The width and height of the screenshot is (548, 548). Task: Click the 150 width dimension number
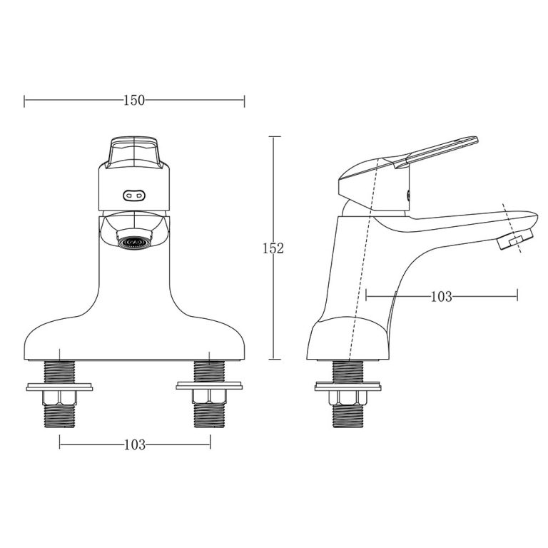[x=134, y=101]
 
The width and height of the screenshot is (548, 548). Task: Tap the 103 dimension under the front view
[x=134, y=445]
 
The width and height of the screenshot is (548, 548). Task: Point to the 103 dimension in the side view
[x=441, y=296]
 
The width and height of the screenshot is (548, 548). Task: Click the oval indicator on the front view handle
[x=134, y=193]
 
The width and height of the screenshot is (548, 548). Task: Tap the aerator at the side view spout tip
[x=514, y=240]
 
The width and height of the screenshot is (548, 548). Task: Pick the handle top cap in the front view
[x=134, y=151]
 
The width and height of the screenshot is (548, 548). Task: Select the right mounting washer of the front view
[x=210, y=387]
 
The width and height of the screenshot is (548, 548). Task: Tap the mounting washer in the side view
[x=350, y=387]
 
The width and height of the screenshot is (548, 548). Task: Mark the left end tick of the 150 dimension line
[x=24, y=101]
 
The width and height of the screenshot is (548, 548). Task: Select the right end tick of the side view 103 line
[x=517, y=295]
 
